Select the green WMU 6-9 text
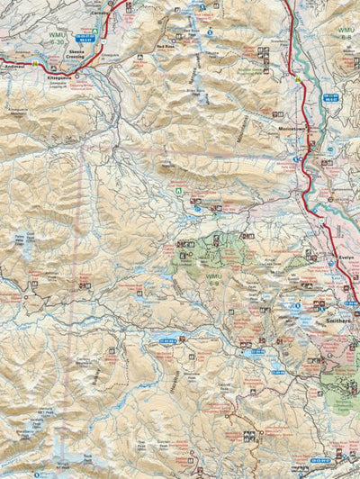pos(212,276)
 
